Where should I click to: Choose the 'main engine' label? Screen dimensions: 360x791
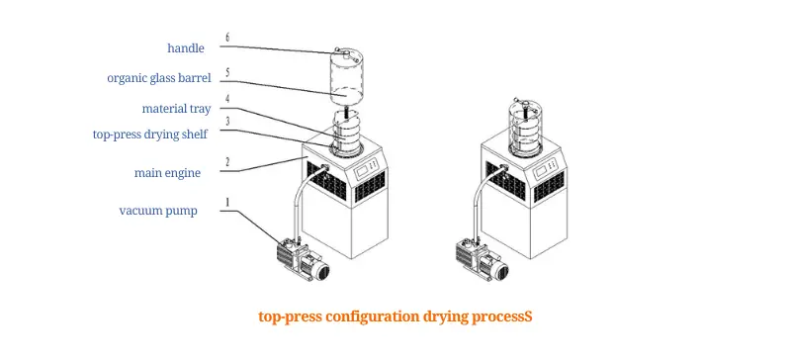(x=168, y=172)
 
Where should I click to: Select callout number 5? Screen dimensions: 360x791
(x=226, y=71)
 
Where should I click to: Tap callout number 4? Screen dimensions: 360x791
(x=226, y=98)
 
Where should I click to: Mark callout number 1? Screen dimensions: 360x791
(x=226, y=202)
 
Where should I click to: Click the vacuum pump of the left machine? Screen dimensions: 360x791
(x=305, y=259)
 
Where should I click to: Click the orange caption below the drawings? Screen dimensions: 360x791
(x=395, y=316)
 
